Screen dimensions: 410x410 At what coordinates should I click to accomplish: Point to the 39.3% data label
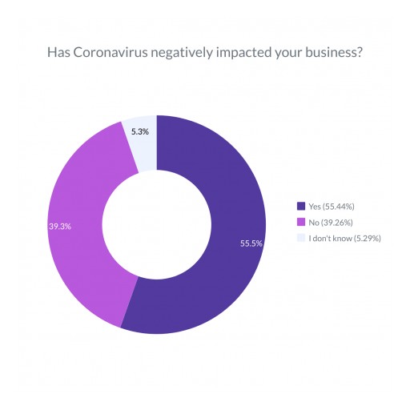(60, 227)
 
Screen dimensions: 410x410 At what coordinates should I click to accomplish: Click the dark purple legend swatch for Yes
(300, 205)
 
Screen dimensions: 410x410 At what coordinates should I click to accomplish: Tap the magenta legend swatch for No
(300, 221)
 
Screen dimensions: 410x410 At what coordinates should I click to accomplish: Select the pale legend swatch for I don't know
(300, 237)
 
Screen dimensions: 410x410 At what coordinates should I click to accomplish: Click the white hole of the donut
(157, 224)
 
